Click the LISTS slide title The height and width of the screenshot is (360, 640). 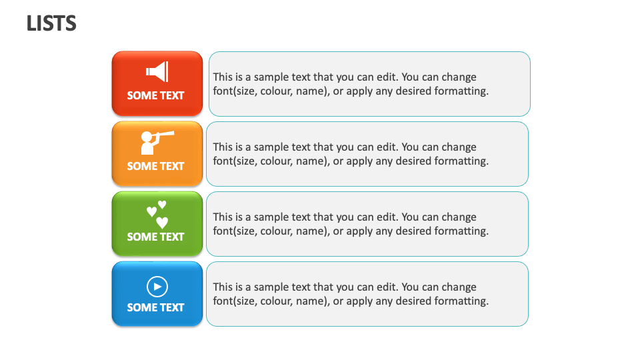tap(51, 24)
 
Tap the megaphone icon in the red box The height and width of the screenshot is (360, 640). tap(157, 71)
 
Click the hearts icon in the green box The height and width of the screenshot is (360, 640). tap(157, 214)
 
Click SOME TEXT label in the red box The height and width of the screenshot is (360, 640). tap(155, 95)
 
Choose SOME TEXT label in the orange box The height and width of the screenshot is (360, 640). tap(155, 166)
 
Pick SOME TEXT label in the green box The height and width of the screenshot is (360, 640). tap(155, 237)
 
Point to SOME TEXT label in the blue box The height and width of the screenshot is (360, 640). tap(155, 307)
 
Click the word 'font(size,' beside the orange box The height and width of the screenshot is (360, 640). tap(235, 161)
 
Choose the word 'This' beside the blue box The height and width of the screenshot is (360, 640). tap(223, 287)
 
